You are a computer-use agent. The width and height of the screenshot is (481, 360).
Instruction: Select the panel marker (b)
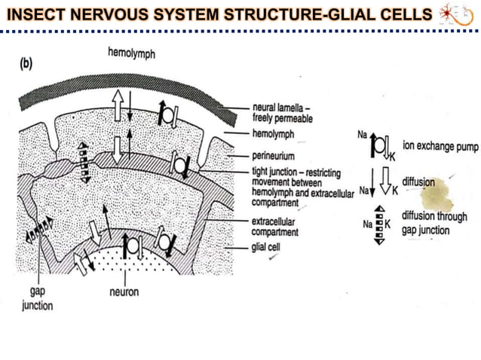(x=26, y=65)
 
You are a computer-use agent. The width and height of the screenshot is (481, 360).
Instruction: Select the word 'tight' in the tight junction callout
(x=261, y=171)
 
